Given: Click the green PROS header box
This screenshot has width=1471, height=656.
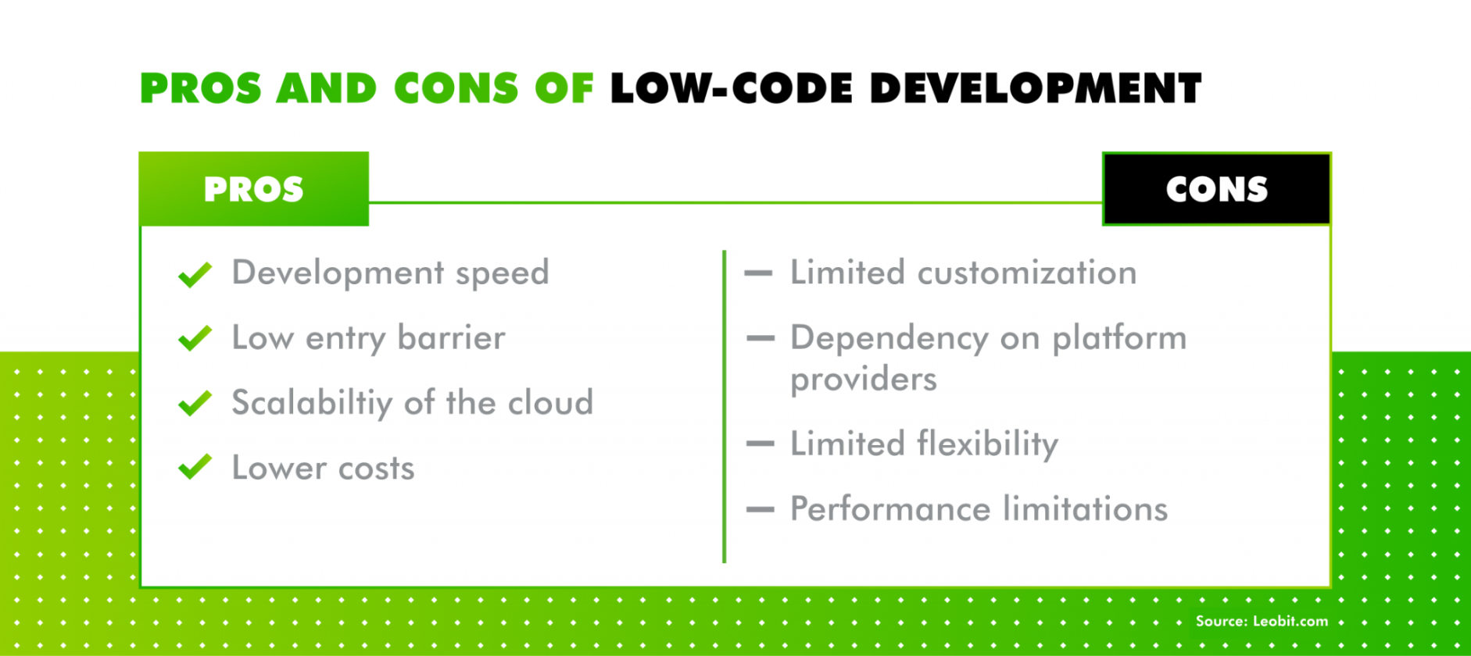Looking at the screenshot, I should (x=254, y=189).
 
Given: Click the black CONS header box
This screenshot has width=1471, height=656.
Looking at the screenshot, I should (x=1216, y=189).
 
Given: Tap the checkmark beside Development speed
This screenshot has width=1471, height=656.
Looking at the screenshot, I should (x=195, y=274).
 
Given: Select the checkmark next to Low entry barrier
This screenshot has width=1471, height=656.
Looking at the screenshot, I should (x=195, y=338).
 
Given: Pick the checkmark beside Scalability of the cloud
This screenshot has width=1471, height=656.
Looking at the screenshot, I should (x=195, y=403).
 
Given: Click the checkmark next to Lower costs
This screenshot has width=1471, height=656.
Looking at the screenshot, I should (x=195, y=467).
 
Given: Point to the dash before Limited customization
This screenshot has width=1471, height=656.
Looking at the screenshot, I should (x=759, y=273).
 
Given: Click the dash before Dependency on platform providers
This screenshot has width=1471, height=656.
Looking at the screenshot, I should (x=761, y=338).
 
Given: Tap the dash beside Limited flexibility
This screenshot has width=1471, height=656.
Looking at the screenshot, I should (x=761, y=444).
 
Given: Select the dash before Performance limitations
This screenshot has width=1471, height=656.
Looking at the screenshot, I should (x=761, y=509).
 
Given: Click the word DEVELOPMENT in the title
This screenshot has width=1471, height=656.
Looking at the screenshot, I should (x=1036, y=88).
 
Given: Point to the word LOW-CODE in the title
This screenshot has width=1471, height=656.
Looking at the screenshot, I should (x=731, y=88).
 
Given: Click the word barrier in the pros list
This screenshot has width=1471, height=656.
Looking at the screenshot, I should (x=451, y=338).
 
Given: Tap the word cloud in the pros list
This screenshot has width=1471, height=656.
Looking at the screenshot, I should (x=550, y=403).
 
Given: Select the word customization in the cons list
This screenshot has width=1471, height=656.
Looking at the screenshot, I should (x=1026, y=273).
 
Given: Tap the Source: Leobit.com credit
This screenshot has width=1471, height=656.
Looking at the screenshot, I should (x=1262, y=622).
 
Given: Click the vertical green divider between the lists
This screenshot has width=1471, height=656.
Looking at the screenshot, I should (x=725, y=406).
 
